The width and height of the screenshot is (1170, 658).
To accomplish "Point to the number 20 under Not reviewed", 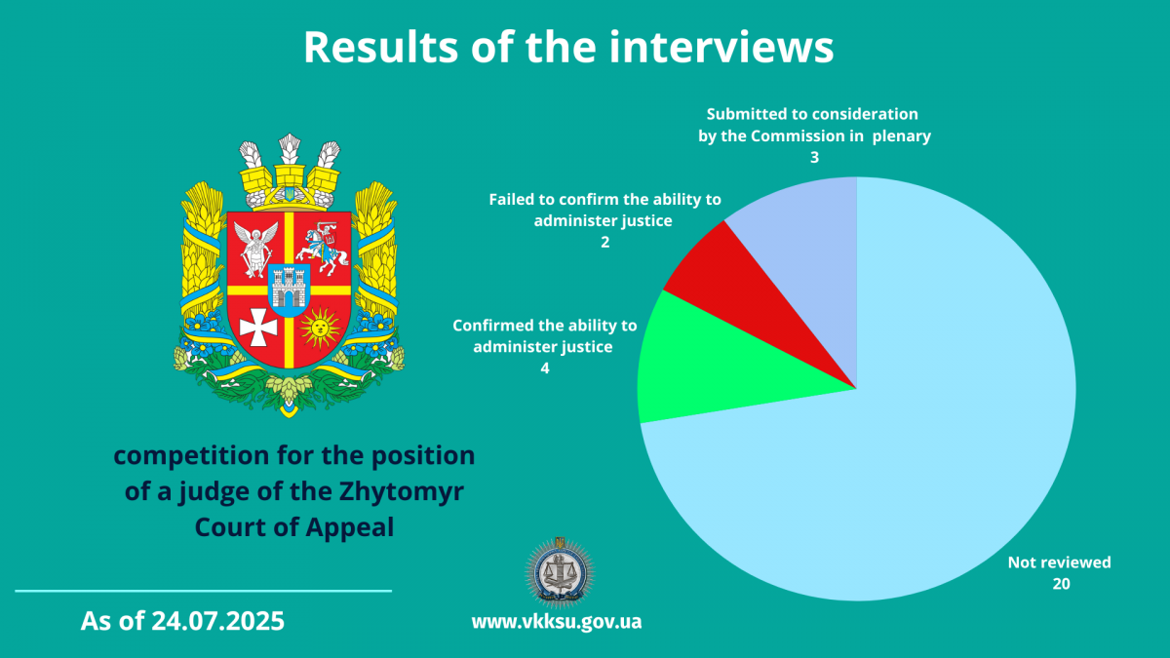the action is [1061, 584].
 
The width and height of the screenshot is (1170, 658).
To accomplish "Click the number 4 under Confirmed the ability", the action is [545, 368].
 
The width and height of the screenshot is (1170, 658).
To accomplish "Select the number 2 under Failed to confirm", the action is [604, 243].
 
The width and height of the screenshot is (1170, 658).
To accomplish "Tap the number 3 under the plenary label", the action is [814, 158].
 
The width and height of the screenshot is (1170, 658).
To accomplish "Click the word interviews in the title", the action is [721, 47].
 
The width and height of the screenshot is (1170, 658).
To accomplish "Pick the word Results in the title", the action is [381, 47].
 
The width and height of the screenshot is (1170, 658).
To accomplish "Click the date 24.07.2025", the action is [217, 621].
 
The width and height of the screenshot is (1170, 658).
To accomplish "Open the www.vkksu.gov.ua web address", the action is [557, 622].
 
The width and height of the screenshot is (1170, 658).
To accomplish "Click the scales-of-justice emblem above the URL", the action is [560, 572].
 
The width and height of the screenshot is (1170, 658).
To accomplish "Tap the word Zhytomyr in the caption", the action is [402, 492].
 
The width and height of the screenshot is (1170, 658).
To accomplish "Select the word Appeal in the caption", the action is [349, 528].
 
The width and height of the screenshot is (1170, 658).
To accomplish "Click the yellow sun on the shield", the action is [320, 328].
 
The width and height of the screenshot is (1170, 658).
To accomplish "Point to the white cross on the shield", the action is [258, 328].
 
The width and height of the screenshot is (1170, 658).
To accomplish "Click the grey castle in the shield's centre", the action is [289, 289].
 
